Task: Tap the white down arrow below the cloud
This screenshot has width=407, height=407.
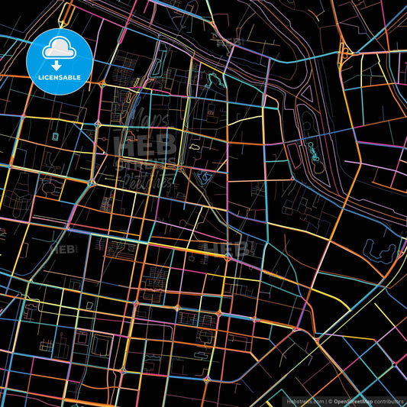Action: pos(58,65)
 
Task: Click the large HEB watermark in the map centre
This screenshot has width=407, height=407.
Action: pos(144,144)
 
